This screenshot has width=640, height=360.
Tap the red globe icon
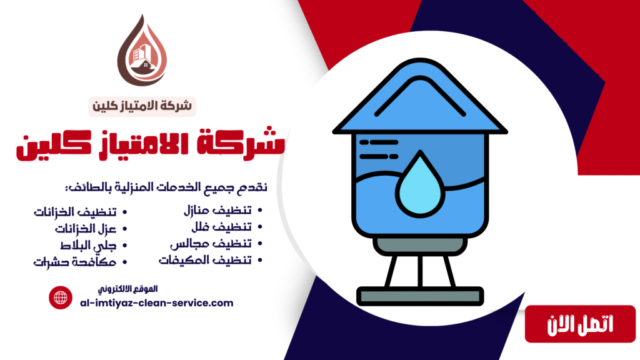point(61,297)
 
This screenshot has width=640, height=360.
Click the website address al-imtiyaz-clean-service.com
point(157,303)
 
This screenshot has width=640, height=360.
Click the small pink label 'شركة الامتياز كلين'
point(143,106)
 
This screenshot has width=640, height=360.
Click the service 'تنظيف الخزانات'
point(75,212)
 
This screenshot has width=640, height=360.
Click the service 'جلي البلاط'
point(87,244)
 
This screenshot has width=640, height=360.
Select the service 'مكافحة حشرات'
point(76,261)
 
